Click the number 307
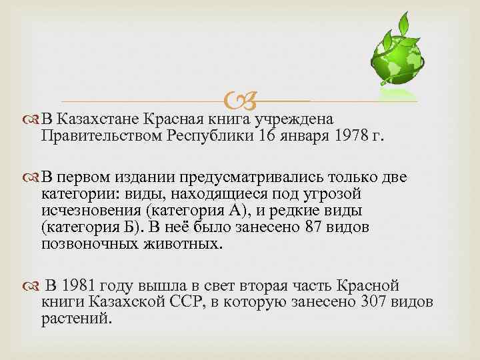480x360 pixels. [x=375, y=302]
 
